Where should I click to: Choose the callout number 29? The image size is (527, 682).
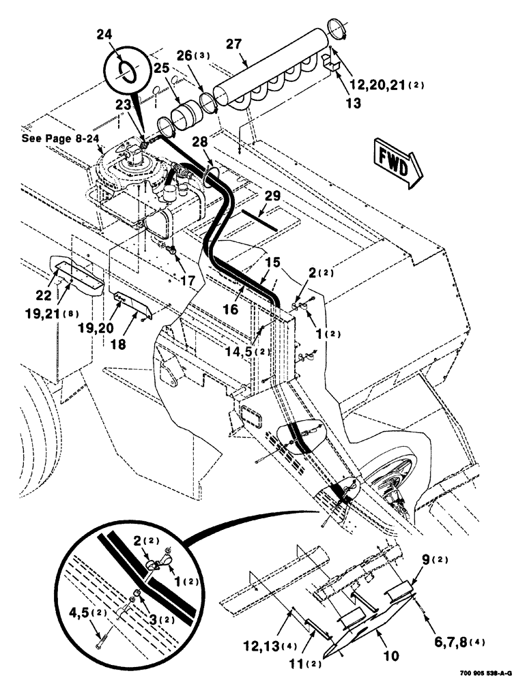(272, 196)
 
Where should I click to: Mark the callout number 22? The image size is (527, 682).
(44, 295)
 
